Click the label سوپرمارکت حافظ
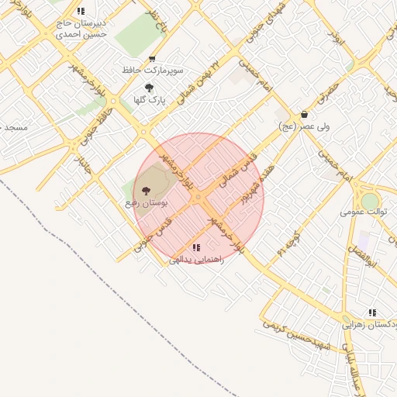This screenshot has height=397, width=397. click(x=152, y=70)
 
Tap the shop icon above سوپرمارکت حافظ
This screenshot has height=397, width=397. click(x=152, y=59)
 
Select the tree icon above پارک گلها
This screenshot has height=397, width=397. click(x=149, y=88)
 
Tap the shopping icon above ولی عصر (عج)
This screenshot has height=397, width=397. click(x=304, y=114)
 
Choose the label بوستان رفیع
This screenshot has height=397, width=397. click(x=147, y=202)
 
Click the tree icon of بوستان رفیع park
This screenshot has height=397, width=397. click(x=147, y=191)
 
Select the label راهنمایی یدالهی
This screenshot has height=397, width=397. click(x=196, y=261)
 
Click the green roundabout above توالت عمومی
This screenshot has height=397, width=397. click(x=370, y=200)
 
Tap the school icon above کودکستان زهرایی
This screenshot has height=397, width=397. click(x=373, y=312)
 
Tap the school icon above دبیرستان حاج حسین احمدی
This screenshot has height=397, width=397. click(x=81, y=12)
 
